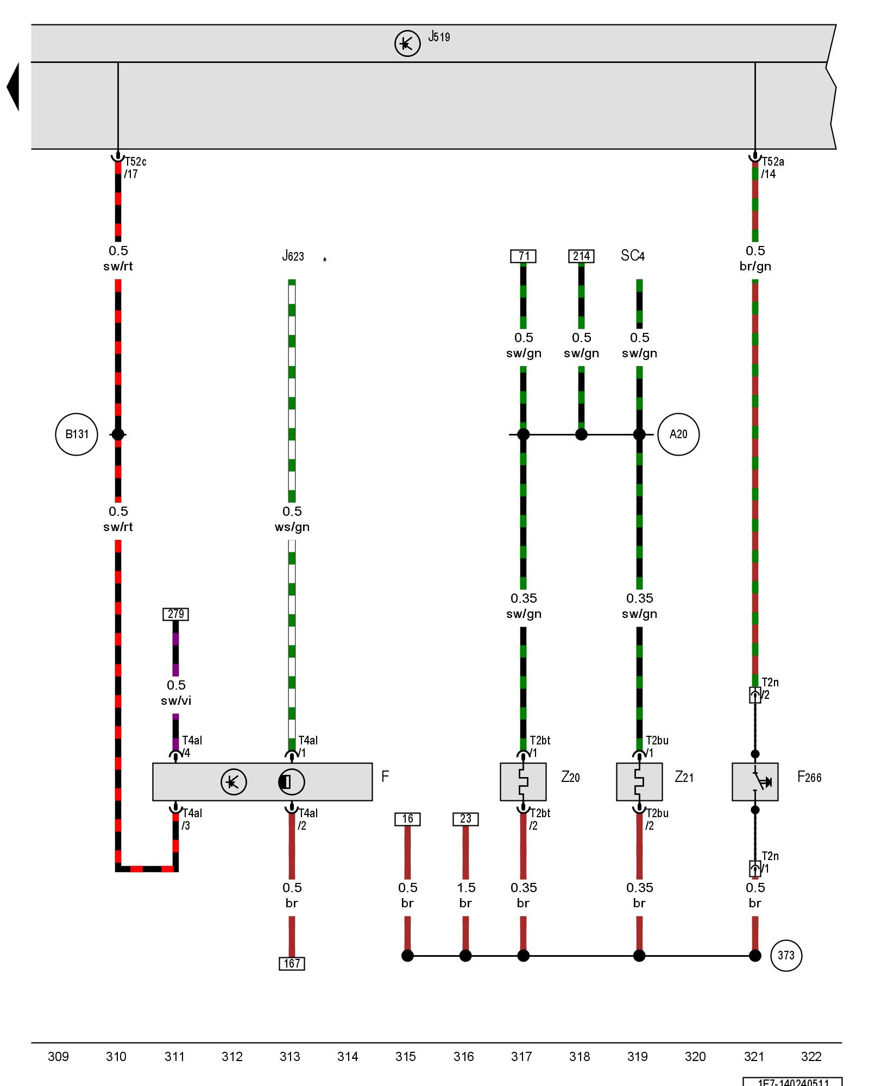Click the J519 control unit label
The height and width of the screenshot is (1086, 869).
pos(439,37)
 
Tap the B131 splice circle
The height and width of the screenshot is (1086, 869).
pos(77,434)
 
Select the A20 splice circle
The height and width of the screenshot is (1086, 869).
pos(678,434)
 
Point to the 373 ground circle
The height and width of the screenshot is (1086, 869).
pos(786,956)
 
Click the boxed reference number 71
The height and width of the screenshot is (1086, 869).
pos(523,256)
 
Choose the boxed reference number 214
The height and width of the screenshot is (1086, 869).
pos(581,256)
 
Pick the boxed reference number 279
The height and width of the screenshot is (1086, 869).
pos(175,614)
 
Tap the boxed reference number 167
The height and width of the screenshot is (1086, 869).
pos(292,963)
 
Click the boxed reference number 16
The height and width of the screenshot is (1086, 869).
pos(407,819)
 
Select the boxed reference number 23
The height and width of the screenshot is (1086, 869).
pos(465,819)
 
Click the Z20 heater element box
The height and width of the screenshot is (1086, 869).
pos(523,782)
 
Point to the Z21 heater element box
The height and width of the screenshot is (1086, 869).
pos(639,782)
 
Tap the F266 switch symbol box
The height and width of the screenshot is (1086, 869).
pos(755,782)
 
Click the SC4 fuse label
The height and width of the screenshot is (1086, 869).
pos(633,256)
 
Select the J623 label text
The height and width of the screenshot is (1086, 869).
pos(293,256)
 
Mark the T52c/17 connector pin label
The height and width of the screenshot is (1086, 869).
pos(135,168)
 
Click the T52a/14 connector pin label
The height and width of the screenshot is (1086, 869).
pos(772,168)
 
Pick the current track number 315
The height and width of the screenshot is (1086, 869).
pos(406,1057)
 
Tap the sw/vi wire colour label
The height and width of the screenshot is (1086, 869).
pos(176,700)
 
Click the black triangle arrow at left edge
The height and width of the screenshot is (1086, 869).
pos(14,87)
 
